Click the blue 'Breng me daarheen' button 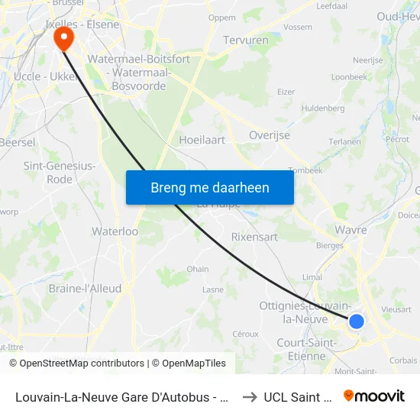(210, 187)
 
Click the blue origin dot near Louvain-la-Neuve (356, 321)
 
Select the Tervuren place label (245, 40)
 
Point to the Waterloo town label (115, 231)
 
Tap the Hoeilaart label (202, 140)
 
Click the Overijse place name (270, 135)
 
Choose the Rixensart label (254, 237)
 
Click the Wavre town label (351, 230)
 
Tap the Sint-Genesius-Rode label (60, 173)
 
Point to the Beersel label (17, 142)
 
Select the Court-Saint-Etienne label (307, 349)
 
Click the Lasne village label (213, 290)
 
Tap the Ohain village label (198, 269)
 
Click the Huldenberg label (323, 108)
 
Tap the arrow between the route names (249, 396)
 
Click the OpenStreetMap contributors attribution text (82, 363)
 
